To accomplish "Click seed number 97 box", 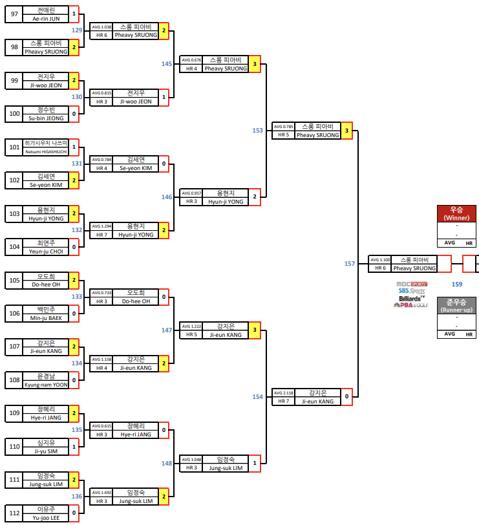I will [x=13, y=14].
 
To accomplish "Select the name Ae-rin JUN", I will [x=46, y=19].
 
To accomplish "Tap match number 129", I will [x=77, y=30].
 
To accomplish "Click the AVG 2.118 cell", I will [x=283, y=392].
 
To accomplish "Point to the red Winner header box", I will [x=456, y=213].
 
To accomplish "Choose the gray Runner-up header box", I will [x=456, y=305].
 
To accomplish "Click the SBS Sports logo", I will [x=412, y=291].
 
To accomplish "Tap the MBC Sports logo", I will [x=411, y=284].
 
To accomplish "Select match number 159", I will [x=457, y=284].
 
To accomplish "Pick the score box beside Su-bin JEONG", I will [x=74, y=114].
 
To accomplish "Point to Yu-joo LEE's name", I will [x=46, y=517].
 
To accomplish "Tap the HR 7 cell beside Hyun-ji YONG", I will [x=101, y=235].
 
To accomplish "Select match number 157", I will [x=350, y=263].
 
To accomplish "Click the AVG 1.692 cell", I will [x=101, y=493].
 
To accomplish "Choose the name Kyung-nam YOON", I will [x=46, y=385].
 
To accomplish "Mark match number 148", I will [x=167, y=463].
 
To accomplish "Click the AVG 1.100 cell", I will [x=380, y=259].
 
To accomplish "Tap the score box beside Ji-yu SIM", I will [x=74, y=446].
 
